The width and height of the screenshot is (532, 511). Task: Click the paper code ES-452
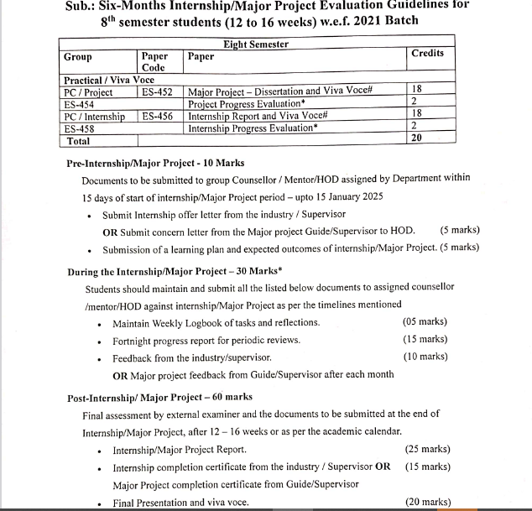(158, 92)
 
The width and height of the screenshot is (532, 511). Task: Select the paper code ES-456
(158, 117)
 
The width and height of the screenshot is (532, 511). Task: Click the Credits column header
(428, 54)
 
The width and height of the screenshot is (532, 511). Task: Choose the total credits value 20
(416, 138)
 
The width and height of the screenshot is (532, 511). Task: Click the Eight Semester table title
(256, 44)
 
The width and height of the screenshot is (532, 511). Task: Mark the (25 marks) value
(428, 450)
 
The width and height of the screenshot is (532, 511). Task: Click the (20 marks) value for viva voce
(428, 503)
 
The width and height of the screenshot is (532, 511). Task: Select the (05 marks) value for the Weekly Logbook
(425, 322)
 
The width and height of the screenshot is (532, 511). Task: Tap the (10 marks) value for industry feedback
(425, 357)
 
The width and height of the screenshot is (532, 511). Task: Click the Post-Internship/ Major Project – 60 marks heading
(159, 397)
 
